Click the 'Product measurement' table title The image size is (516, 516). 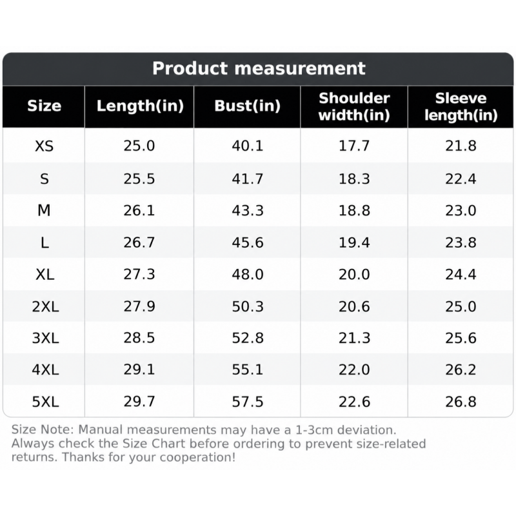pyautogui.click(x=259, y=68)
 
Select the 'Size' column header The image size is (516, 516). pyautogui.click(x=44, y=106)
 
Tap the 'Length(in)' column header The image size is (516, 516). pyautogui.click(x=140, y=106)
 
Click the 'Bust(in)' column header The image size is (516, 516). pyautogui.click(x=247, y=106)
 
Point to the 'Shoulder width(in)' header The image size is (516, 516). pyautogui.click(x=354, y=106)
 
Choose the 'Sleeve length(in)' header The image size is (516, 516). pyautogui.click(x=461, y=106)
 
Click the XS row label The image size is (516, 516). pyautogui.click(x=44, y=146)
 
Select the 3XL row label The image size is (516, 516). pyautogui.click(x=45, y=338)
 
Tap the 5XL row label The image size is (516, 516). pyautogui.click(x=45, y=402)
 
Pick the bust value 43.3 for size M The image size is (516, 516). pyautogui.click(x=248, y=210)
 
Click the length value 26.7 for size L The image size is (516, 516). pyautogui.click(x=139, y=243)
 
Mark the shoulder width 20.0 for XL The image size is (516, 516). pyautogui.click(x=354, y=274)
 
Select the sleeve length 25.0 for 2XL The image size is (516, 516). pyautogui.click(x=461, y=306)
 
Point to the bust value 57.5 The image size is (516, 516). pyautogui.click(x=248, y=402)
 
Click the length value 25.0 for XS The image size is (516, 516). pyautogui.click(x=139, y=146)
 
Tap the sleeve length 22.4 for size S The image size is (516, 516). pyautogui.click(x=461, y=179)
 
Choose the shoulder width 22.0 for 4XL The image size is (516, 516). pyautogui.click(x=354, y=370)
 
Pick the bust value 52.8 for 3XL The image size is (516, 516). pyautogui.click(x=248, y=338)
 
